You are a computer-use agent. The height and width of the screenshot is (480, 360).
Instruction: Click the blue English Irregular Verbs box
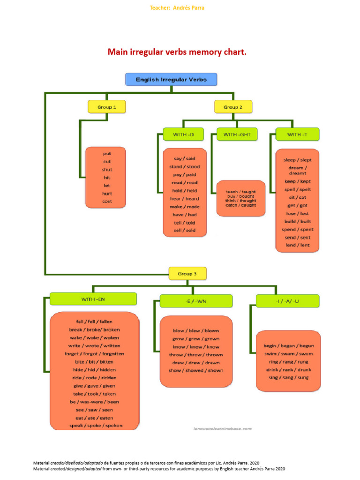pos(171,79)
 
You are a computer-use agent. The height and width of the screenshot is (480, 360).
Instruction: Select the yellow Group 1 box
pos(107,107)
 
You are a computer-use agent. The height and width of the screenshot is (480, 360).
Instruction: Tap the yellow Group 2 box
pos(233,107)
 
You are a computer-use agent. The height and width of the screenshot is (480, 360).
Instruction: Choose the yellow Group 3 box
pos(187,273)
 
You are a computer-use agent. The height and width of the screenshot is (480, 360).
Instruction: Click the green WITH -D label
pos(182,135)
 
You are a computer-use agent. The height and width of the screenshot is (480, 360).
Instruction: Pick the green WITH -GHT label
pos(237,135)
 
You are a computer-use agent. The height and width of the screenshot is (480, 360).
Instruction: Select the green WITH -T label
pos(297,135)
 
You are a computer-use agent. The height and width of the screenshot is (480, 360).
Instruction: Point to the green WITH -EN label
pos(93,299)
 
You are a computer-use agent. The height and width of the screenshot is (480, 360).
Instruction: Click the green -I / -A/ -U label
pos(287,301)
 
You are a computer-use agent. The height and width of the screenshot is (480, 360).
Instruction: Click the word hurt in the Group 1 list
pos(107,194)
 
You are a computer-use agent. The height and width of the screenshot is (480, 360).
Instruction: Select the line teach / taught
pos(240,192)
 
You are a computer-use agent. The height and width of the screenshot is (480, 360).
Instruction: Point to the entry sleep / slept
pos(297,160)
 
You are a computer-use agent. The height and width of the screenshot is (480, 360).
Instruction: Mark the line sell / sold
pos(184,230)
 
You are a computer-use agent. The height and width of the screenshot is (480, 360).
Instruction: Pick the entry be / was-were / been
pos(94,402)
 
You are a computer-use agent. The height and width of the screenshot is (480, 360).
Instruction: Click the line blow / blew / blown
pos(196,330)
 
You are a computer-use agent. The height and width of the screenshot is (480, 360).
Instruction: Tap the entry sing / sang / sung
pos(288,377)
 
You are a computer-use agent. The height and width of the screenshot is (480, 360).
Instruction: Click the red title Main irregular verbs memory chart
pos(177,52)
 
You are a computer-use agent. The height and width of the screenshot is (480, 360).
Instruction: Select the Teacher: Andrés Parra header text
pos(177,8)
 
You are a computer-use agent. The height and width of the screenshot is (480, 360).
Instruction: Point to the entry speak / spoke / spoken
pos(96,426)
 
